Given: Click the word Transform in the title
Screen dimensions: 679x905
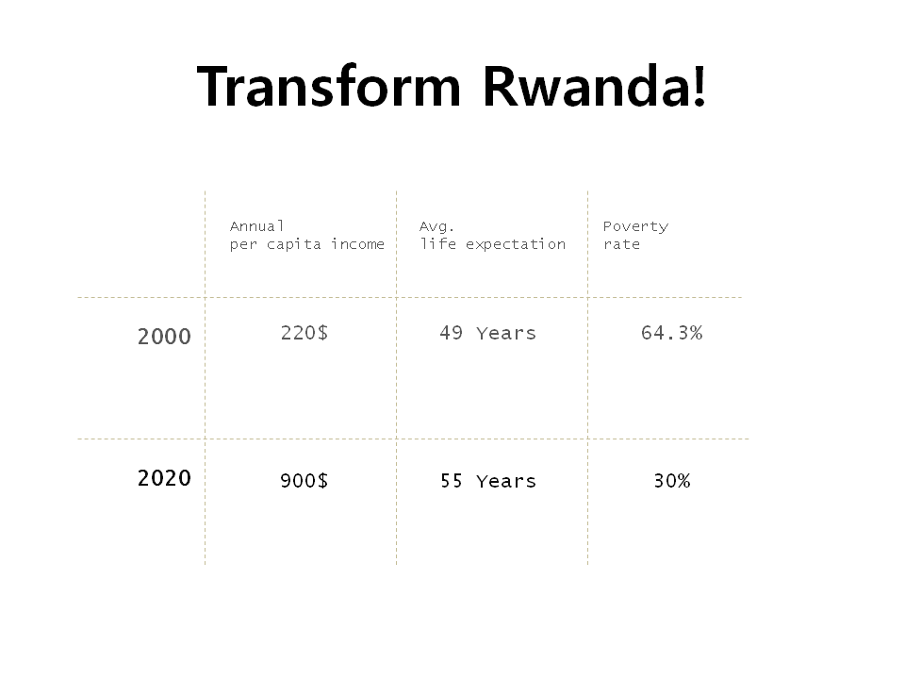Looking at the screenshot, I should tap(329, 87).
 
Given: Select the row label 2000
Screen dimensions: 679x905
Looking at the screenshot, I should tap(164, 337).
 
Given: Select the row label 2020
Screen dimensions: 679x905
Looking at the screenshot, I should tap(164, 478).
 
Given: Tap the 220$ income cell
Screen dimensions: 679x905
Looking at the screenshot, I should tap(304, 333).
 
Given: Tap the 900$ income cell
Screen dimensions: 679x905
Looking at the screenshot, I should tap(304, 481).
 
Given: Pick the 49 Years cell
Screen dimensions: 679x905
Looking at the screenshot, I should tap(487, 333).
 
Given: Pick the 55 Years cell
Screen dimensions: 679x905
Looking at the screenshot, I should tap(487, 481).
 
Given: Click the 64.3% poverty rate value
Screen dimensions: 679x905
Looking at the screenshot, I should tap(671, 333).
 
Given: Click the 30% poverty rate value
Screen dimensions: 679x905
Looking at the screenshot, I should tap(671, 481).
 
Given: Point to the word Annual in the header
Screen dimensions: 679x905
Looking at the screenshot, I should tap(256, 226).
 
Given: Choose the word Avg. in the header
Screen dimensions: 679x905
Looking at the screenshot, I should tap(436, 226).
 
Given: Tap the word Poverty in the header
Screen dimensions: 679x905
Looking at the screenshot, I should tap(635, 226).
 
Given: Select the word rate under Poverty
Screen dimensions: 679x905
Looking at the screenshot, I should tap(621, 244).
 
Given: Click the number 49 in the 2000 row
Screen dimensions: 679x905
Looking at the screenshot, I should tap(451, 333).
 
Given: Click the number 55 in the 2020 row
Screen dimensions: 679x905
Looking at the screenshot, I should tap(451, 481).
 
